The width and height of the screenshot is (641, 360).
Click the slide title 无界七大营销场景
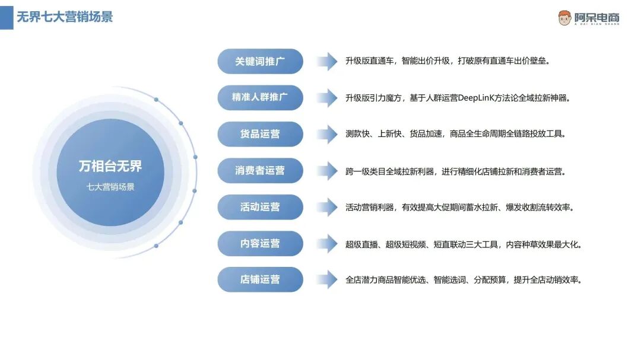[65, 17]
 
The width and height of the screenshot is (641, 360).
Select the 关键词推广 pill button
[260, 61]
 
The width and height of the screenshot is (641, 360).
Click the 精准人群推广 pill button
[260, 97]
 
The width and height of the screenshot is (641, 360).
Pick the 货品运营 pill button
[260, 134]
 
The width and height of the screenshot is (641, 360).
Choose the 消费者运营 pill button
[260, 170]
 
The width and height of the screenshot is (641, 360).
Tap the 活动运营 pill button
[260, 207]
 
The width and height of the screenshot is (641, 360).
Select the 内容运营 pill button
[260, 243]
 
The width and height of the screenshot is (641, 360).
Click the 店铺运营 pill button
[260, 279]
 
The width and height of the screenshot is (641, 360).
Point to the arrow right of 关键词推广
[326, 61]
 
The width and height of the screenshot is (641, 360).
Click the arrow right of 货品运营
[326, 134]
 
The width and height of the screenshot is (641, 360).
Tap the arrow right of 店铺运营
[326, 279]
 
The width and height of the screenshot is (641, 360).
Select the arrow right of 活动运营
[326, 207]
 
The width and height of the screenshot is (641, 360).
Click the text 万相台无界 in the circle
[110, 166]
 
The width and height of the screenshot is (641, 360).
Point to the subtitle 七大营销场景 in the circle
[110, 187]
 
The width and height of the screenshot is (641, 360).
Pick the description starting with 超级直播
[463, 244]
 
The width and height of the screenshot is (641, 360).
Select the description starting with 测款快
[455, 134]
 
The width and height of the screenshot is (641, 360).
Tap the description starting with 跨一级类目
[455, 171]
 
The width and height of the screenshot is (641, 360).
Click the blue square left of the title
[7, 17]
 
